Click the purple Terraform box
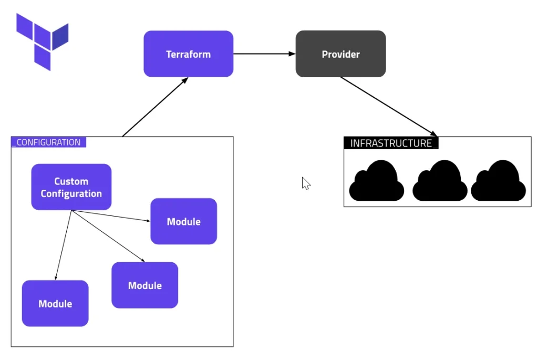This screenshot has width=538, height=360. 188,54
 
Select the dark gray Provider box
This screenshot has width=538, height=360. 340,54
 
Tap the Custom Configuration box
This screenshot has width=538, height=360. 71,187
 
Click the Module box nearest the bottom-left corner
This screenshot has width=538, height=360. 55,303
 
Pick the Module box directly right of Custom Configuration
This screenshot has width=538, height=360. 183,221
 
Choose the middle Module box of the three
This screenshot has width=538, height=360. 144,285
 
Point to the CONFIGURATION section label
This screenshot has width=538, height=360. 48,142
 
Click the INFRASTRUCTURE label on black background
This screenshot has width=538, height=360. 391,143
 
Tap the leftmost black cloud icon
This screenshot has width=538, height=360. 377,181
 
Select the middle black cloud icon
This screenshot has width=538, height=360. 440,181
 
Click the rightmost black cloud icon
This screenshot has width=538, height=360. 498,181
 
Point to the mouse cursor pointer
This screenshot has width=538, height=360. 305,182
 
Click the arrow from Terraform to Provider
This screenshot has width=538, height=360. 263,54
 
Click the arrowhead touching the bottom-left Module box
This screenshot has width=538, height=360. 55,277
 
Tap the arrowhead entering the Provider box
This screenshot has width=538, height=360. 292,54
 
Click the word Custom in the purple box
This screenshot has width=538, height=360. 71,181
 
